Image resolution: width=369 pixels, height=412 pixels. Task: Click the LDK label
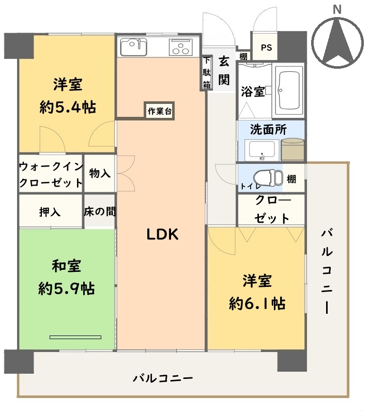point(162,234)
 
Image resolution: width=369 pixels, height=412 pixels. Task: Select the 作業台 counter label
point(159,111)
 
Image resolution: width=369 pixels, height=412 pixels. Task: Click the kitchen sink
point(133,47)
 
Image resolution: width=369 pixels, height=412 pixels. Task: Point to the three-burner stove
point(181,47)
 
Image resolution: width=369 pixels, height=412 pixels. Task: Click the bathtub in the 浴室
point(289,90)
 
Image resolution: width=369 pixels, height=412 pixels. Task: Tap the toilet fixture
point(268,178)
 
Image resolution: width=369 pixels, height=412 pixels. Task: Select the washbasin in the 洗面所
point(262,150)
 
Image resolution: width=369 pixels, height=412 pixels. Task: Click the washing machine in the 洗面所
point(293,149)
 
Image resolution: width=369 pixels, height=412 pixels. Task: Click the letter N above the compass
point(337,9)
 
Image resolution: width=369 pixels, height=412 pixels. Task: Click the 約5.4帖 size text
point(68,107)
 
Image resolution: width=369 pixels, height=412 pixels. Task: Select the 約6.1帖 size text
point(257,303)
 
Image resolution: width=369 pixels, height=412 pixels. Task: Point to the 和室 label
point(67,266)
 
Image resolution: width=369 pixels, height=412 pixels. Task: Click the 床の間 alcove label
point(100,211)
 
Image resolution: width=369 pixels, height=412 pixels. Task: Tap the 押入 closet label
point(50,212)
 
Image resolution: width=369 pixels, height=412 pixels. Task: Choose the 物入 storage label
point(100,173)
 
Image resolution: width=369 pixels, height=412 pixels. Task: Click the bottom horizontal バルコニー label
point(163,378)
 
